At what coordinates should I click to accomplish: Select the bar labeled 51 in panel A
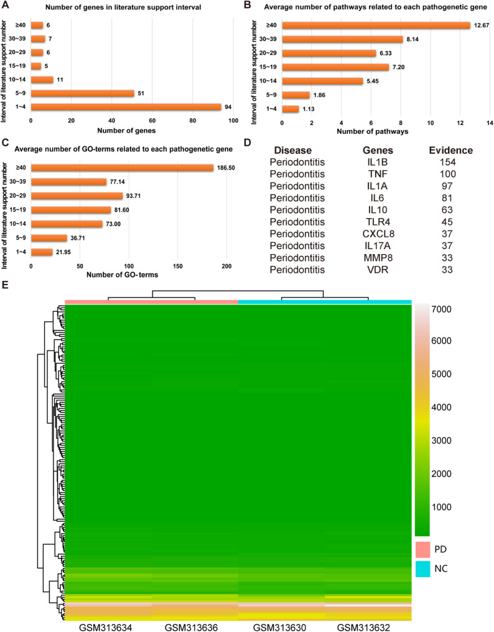click(x=82, y=93)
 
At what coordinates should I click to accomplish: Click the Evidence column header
click(x=451, y=151)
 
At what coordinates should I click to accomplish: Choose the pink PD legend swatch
click(x=423, y=549)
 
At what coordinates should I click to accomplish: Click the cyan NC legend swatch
click(x=423, y=567)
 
